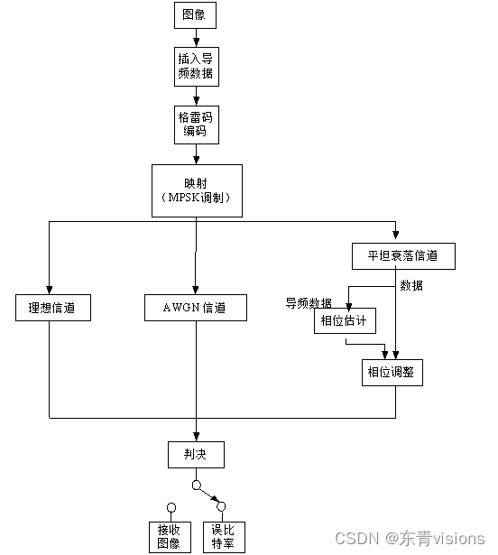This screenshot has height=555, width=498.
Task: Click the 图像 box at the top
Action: coord(195,15)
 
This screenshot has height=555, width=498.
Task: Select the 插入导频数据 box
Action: coord(196,66)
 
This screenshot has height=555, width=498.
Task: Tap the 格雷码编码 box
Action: coord(196,124)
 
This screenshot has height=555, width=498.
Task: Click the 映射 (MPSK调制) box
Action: coord(196,190)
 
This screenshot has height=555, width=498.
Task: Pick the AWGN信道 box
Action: coord(196,308)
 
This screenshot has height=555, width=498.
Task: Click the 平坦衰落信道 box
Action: coord(403,255)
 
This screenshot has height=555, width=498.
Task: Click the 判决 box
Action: coord(196,454)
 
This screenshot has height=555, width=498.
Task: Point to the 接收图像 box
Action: coord(169,536)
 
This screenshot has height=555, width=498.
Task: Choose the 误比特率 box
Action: coord(222,536)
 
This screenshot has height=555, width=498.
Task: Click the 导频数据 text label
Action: coord(309,302)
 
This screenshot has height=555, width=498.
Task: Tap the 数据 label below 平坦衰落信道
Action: coord(411,286)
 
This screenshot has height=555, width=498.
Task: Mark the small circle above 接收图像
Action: coord(169,507)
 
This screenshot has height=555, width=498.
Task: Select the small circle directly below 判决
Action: coord(196,485)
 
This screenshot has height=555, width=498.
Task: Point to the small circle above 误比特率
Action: coord(222,507)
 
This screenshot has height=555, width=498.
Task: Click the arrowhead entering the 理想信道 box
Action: coord(49,289)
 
